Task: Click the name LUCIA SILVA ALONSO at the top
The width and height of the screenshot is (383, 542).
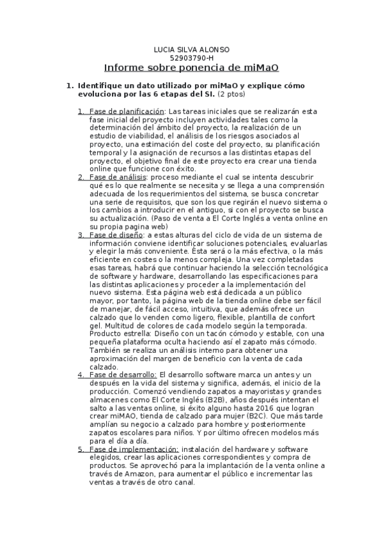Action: coord(192,49)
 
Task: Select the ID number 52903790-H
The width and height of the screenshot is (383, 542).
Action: coord(192,58)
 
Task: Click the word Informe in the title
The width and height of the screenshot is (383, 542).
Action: coord(127,68)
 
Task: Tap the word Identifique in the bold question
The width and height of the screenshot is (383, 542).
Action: coord(105,86)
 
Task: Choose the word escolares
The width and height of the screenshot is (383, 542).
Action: coord(130,433)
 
